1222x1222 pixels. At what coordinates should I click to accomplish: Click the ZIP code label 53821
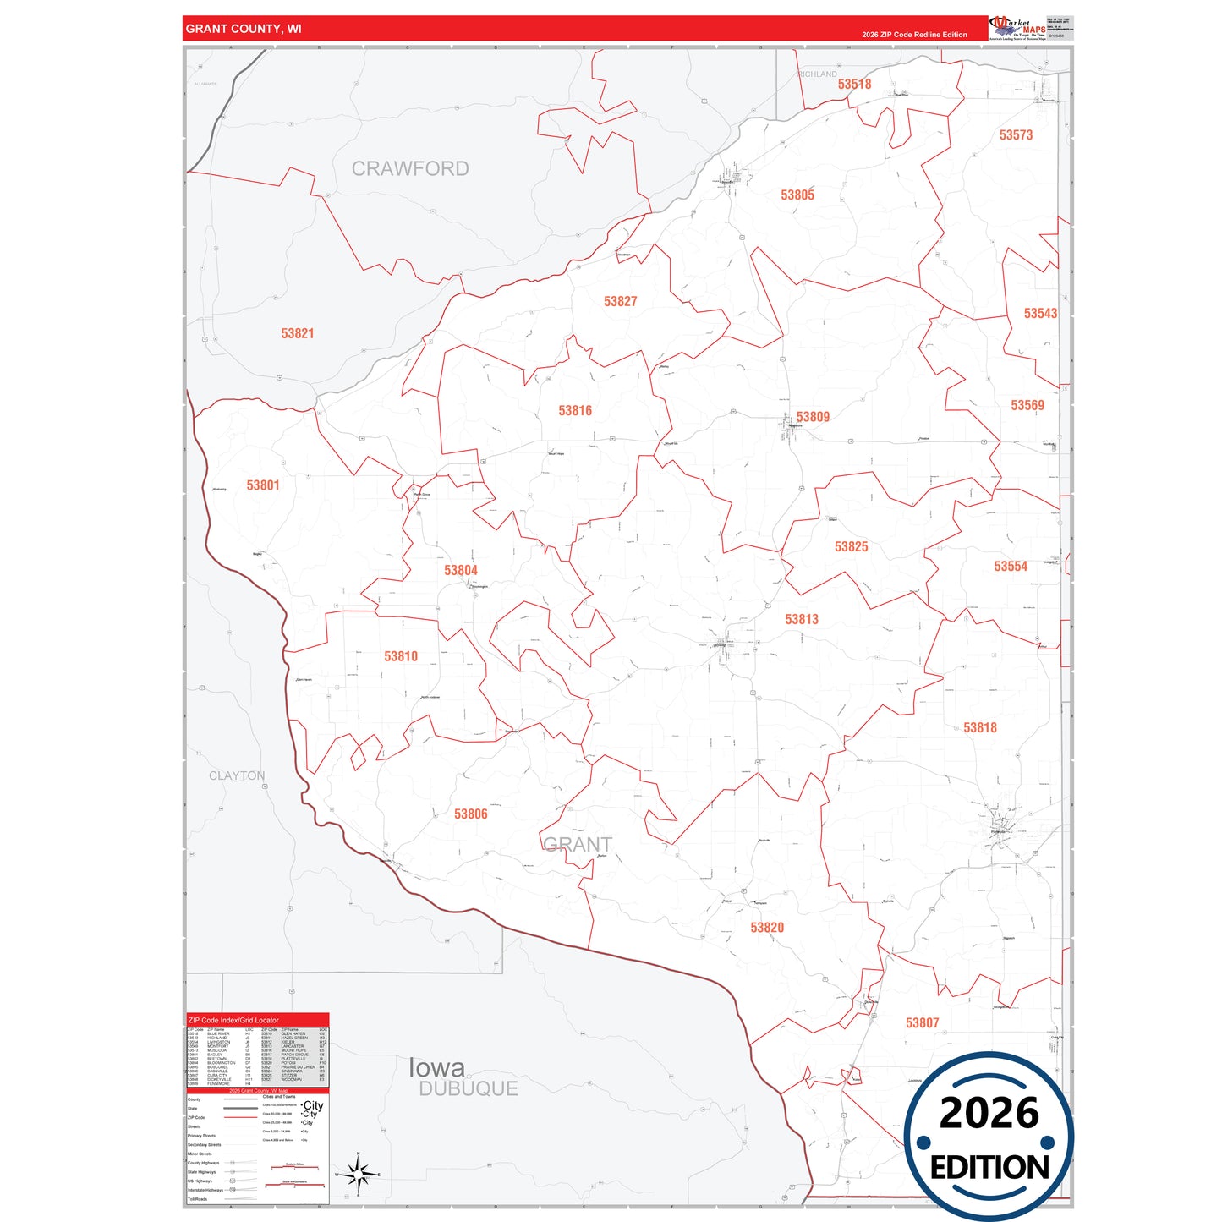point(297,333)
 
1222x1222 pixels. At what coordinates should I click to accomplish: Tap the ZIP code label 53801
point(262,485)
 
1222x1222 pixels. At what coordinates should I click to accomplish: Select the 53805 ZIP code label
point(797,195)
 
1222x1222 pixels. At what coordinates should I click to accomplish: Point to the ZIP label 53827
point(620,301)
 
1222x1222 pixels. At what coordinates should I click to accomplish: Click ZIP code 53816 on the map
point(574,410)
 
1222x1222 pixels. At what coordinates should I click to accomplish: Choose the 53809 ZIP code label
point(812,416)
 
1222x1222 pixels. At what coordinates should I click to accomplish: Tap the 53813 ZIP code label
point(801,619)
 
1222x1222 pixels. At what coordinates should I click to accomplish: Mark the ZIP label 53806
point(470,814)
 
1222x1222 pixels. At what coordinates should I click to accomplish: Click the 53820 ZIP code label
point(766,927)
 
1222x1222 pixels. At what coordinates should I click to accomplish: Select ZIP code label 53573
point(1015,134)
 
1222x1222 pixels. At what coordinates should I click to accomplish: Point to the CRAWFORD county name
point(409,168)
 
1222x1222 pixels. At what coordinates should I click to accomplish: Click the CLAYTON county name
point(237,775)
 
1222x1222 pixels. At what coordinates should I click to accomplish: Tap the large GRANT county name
point(577,844)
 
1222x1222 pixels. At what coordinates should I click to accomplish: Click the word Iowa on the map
point(436,1067)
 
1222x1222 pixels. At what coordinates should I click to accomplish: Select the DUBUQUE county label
point(468,1088)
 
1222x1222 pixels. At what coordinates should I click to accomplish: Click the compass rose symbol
point(359,1174)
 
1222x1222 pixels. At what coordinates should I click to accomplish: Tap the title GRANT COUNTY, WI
point(244,29)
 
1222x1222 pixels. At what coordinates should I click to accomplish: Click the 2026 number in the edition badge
point(989,1112)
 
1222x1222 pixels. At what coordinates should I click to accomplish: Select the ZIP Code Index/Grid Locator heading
point(233,1020)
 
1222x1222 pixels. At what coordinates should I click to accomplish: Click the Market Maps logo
point(1017,28)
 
